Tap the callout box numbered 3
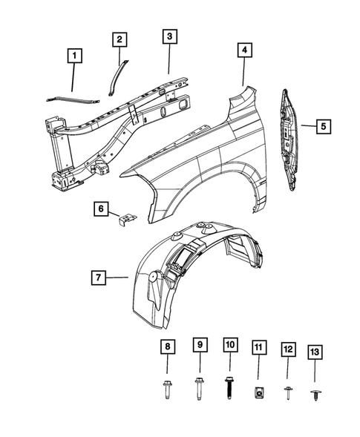[169, 36]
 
